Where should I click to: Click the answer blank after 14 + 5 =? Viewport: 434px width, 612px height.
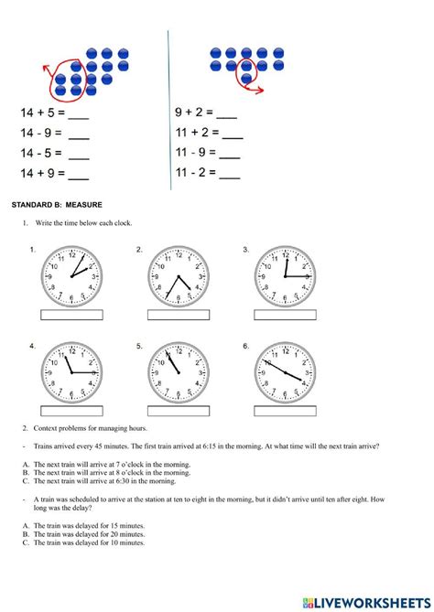(x=79, y=115)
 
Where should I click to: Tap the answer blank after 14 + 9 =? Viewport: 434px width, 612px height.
(x=79, y=175)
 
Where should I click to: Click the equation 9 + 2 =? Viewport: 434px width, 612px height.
(x=194, y=113)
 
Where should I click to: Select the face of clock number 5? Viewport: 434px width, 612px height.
(x=179, y=372)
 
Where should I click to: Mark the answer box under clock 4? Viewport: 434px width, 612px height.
(x=72, y=411)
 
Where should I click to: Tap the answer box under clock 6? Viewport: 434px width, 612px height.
(x=286, y=411)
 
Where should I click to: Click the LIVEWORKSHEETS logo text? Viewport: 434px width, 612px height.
(x=371, y=601)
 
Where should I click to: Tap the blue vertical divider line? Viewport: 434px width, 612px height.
(x=169, y=110)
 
